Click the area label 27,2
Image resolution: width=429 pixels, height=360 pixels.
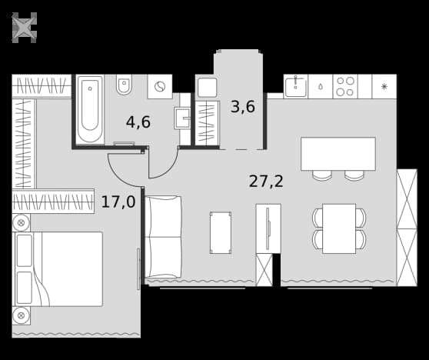click(x=266, y=182)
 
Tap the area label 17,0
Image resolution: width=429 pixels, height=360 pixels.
click(x=118, y=202)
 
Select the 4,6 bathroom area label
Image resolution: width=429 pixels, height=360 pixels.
click(x=138, y=122)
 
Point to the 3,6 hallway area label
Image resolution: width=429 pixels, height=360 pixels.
click(x=243, y=107)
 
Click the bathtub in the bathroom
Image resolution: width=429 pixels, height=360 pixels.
click(x=90, y=109)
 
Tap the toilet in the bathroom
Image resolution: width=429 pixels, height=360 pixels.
click(x=124, y=85)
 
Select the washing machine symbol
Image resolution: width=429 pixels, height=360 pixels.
click(x=160, y=86)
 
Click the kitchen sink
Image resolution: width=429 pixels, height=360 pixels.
click(x=295, y=86)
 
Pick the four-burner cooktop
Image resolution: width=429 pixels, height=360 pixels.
click(x=345, y=86)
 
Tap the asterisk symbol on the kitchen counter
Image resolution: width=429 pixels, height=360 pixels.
click(x=384, y=87)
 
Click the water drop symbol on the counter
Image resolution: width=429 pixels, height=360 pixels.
click(x=320, y=87)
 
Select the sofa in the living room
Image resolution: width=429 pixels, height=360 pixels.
click(x=163, y=237)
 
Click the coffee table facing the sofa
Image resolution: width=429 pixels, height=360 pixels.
click(x=221, y=233)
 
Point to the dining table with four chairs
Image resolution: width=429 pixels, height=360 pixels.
click(x=339, y=228)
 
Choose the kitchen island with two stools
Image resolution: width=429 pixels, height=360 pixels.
click(x=338, y=158)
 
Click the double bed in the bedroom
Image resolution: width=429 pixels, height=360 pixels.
click(x=58, y=269)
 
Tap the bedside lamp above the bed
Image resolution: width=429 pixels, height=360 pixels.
click(x=21, y=222)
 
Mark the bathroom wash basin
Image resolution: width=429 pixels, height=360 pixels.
click(x=182, y=118)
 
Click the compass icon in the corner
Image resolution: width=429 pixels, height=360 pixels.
click(x=24, y=28)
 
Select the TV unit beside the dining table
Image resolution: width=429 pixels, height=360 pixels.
click(x=268, y=228)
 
